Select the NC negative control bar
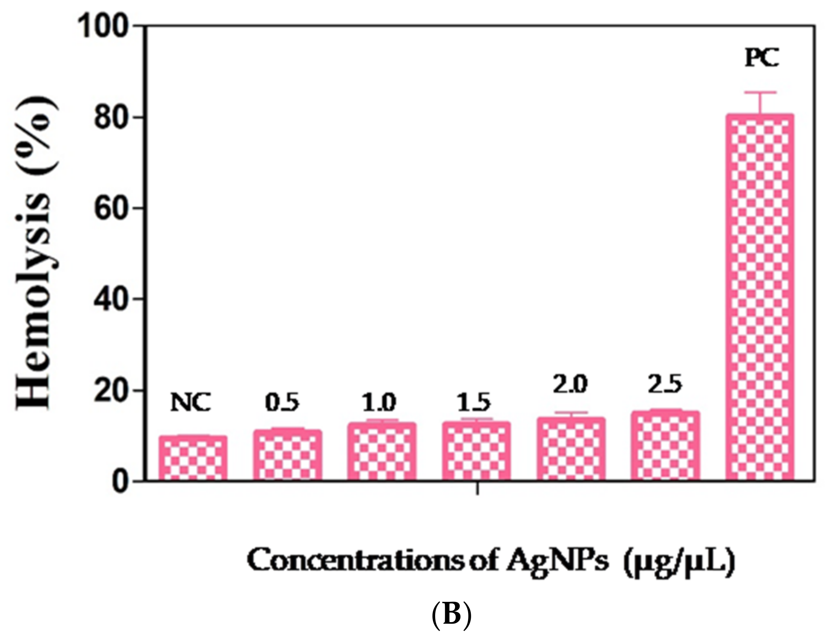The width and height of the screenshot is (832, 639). [193, 458]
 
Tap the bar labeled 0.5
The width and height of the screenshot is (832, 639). [287, 455]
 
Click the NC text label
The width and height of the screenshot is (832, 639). [190, 403]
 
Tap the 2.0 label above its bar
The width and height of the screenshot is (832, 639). [570, 385]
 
